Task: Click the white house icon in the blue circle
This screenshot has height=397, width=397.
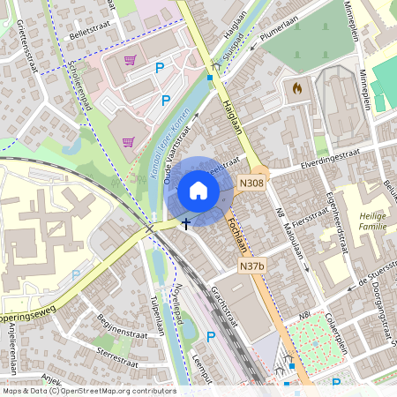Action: coord(198,191)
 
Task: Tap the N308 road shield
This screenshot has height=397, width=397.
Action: coord(251,184)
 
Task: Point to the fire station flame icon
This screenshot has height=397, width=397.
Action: coord(296,88)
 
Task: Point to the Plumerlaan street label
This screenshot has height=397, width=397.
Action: coord(281,36)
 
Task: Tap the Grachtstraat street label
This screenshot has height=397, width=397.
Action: coord(224,303)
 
